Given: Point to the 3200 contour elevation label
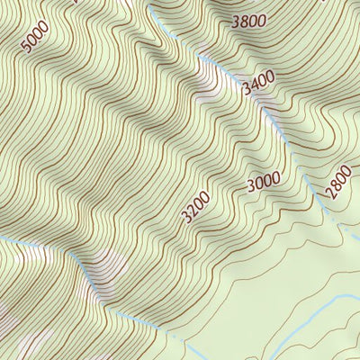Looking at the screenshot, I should pyautogui.click(x=196, y=207).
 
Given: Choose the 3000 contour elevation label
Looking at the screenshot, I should pyautogui.click(x=264, y=182).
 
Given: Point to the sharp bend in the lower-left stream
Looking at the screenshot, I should pyautogui.click(x=83, y=262).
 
